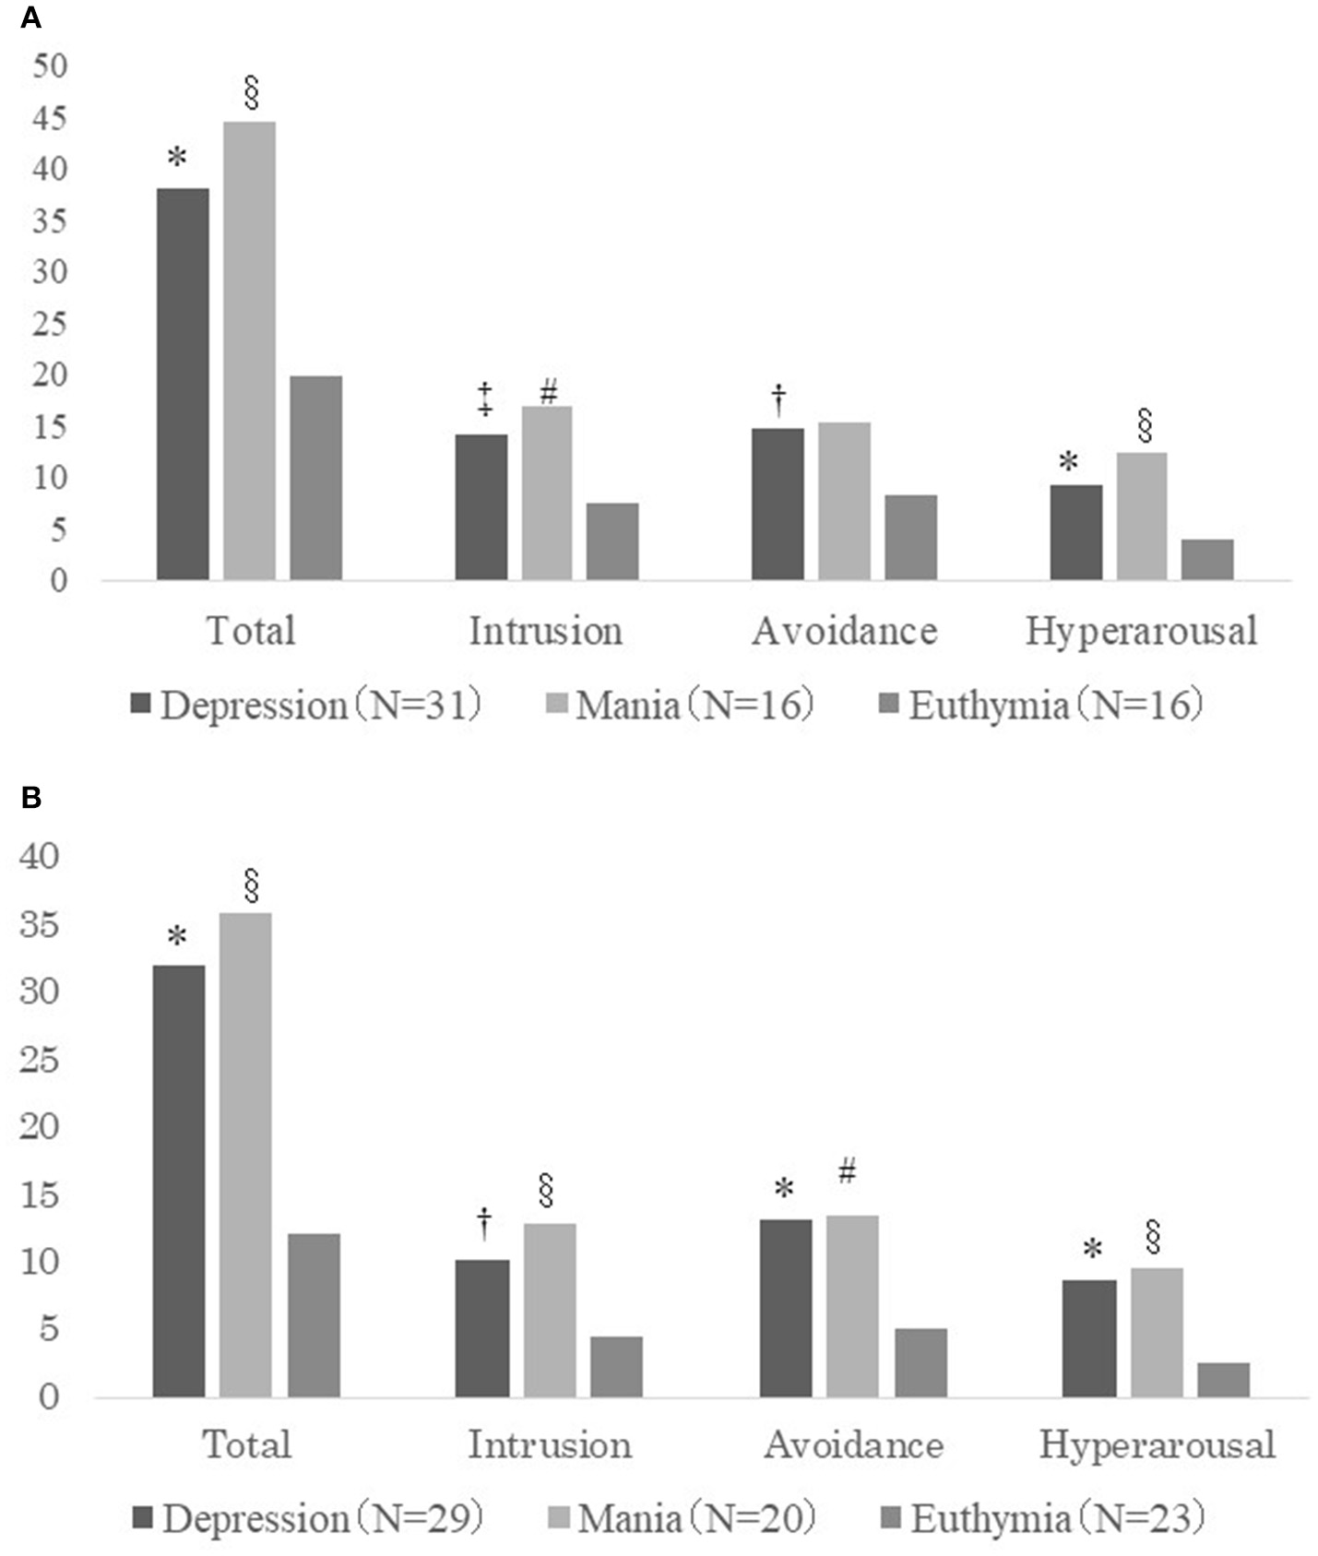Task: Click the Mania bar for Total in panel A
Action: click(x=249, y=350)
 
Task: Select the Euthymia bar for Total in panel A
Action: click(x=315, y=478)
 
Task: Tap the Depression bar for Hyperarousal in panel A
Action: click(x=1075, y=532)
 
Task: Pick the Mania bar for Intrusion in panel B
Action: click(x=550, y=1310)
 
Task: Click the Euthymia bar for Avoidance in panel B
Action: click(x=920, y=1362)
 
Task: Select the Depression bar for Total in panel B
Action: click(x=179, y=1181)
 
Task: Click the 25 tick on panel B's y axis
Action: click(x=39, y=1061)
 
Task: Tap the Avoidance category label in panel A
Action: click(x=844, y=632)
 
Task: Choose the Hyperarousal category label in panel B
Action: click(x=1157, y=1444)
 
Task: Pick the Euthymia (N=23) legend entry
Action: click(x=1044, y=1518)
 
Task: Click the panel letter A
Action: click(x=30, y=18)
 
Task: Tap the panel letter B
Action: click(x=30, y=797)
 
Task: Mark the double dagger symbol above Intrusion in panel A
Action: click(x=484, y=398)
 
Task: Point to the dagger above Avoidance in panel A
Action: click(x=778, y=399)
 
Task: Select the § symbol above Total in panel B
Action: click(x=250, y=885)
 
